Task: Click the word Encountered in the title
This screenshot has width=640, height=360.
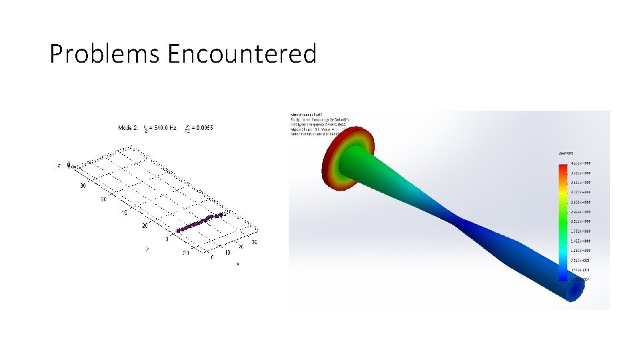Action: [x=242, y=54]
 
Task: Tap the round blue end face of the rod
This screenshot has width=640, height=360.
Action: [x=574, y=289]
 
